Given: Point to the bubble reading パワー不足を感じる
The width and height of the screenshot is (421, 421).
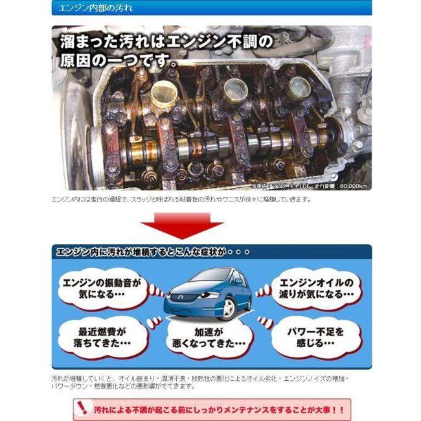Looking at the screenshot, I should pos(317,336).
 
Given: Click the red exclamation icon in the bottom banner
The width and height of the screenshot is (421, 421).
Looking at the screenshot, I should pos(82,409).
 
